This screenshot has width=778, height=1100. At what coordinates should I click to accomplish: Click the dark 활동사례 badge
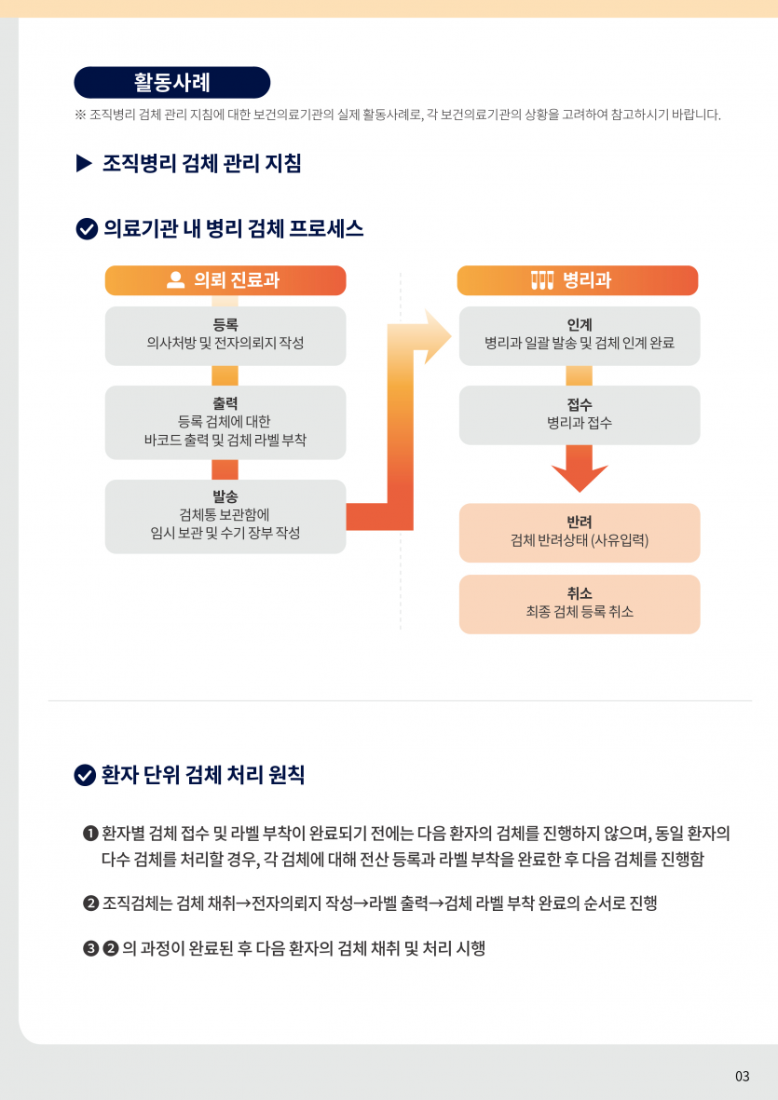coord(172,82)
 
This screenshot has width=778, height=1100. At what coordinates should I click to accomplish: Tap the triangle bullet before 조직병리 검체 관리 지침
coord(84,164)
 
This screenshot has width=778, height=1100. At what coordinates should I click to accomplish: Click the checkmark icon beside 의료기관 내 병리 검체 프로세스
coord(87,228)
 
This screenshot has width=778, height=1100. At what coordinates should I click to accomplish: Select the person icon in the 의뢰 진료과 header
coord(175,280)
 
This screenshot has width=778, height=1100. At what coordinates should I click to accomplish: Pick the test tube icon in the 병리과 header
coord(542,280)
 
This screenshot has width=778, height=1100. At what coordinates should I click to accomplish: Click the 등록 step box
coord(225,335)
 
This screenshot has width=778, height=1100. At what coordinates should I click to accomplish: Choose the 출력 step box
coord(225,422)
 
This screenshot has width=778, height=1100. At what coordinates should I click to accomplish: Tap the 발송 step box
coord(225,515)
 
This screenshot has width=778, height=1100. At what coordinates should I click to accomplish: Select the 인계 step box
coord(579,335)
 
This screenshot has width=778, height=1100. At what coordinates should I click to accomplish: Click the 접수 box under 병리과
coord(579,414)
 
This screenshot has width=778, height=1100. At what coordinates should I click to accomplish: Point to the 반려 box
coord(579,532)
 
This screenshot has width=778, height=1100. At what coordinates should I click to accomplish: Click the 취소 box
coord(579,604)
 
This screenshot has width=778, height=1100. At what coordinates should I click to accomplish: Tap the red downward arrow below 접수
coord(580,469)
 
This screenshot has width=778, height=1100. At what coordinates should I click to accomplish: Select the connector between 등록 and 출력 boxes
coord(225,375)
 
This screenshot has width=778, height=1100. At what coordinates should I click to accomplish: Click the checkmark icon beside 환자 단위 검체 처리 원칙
coord(85,775)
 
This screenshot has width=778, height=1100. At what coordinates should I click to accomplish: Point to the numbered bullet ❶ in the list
coord(90,832)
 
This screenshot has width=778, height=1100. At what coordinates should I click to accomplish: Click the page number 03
coord(742,1076)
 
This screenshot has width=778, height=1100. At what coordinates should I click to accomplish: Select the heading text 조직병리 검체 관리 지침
coord(202,164)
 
